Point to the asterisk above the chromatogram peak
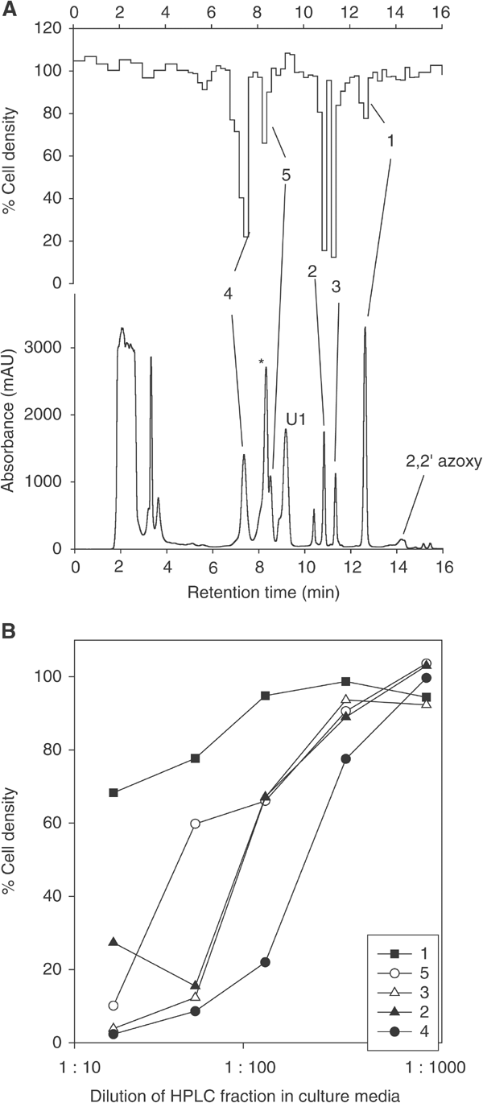(261, 361)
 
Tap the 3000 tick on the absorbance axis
(50, 348)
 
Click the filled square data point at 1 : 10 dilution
(114, 793)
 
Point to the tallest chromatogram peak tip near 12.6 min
(365, 328)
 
